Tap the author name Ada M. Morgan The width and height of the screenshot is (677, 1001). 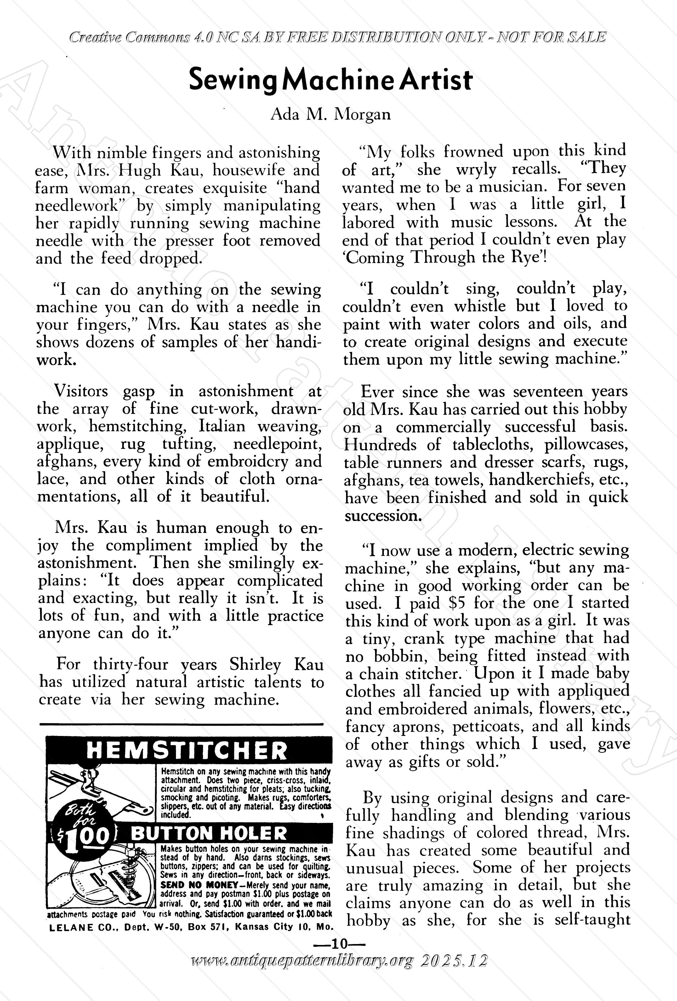(x=331, y=115)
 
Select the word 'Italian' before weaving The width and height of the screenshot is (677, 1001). (x=222, y=427)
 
